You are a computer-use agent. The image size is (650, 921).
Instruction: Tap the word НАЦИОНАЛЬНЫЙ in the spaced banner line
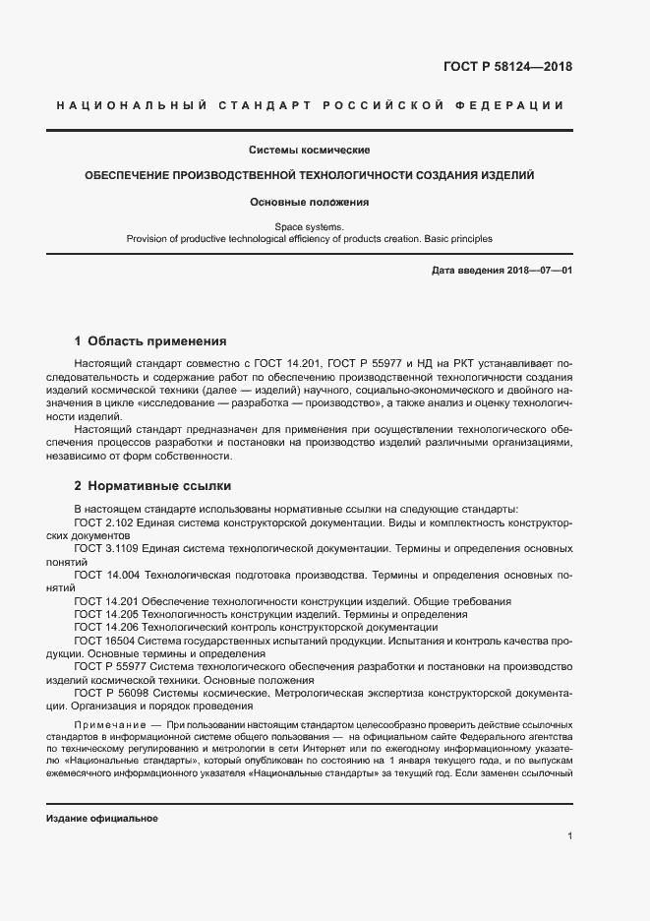pos(127,105)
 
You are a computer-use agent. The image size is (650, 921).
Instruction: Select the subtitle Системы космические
pos(309,150)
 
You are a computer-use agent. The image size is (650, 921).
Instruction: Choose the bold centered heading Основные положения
pos(309,202)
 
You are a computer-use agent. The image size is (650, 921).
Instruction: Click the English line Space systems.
pos(309,226)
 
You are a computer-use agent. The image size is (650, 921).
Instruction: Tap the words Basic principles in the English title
pos(457,238)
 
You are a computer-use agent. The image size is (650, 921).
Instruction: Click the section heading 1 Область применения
pos(150,341)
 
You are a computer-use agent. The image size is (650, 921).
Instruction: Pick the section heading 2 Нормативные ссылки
pos(152,486)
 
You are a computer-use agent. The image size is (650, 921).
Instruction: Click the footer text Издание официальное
pos(101,819)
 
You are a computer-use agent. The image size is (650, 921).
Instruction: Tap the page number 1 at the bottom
pos(569,835)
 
